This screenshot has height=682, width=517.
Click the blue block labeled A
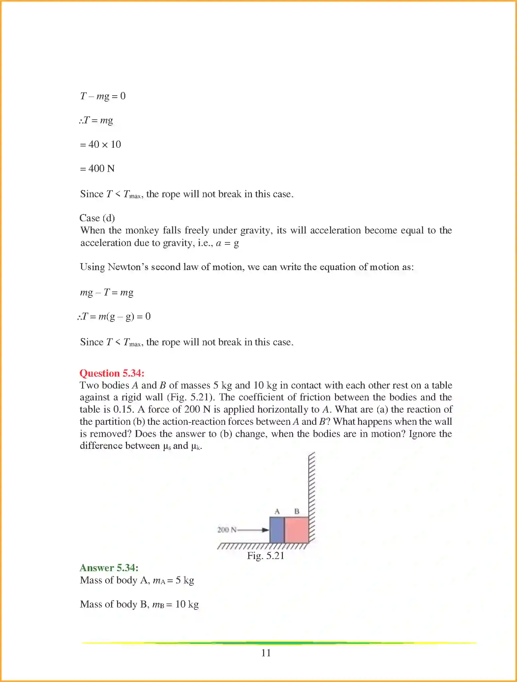coord(277,530)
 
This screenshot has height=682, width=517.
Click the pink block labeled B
coord(296,530)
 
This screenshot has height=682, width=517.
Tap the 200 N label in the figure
coord(227,530)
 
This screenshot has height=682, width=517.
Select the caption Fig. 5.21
coord(266,556)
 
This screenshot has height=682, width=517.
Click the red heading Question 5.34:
coord(112,373)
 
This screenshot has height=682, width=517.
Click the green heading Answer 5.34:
coord(109,568)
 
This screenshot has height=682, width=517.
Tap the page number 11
coord(266,653)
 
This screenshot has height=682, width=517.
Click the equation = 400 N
coord(97,169)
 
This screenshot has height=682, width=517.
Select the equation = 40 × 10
coord(101,144)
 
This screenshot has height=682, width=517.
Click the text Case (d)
coord(97,218)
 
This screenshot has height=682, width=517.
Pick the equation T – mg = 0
coord(103,96)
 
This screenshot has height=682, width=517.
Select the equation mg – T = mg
coord(106,293)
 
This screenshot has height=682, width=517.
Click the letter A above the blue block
coord(277,511)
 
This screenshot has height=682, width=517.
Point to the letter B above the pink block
coord(297,511)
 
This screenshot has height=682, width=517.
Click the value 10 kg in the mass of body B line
coord(187,604)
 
